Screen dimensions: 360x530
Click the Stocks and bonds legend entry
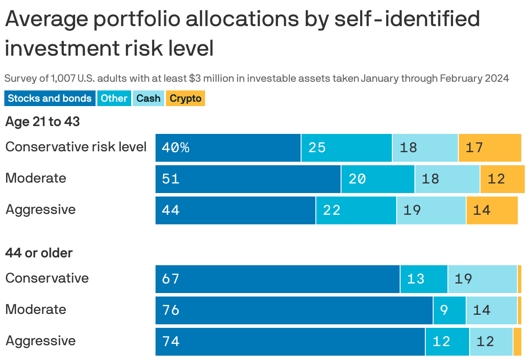(50, 98)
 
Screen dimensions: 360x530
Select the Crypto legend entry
(185, 98)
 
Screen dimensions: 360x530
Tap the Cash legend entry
(148, 98)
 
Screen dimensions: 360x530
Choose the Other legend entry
(114, 98)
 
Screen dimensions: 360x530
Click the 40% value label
(176, 148)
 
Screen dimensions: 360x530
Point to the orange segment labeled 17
(490, 148)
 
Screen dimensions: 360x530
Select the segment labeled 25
(346, 148)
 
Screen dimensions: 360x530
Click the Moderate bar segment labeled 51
(248, 179)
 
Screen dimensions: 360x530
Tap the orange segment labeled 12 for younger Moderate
(502, 179)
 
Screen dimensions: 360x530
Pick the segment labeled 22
(356, 210)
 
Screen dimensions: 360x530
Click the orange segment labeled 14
(492, 210)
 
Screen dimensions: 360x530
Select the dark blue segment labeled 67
(277, 279)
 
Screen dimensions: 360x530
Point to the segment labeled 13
(424, 279)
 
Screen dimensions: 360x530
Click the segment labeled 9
(449, 310)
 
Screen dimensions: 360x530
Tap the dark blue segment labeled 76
(294, 310)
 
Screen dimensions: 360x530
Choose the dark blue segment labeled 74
(290, 342)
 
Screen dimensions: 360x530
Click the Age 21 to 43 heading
(43, 122)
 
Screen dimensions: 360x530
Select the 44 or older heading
(39, 253)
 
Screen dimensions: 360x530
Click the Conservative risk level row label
(76, 147)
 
